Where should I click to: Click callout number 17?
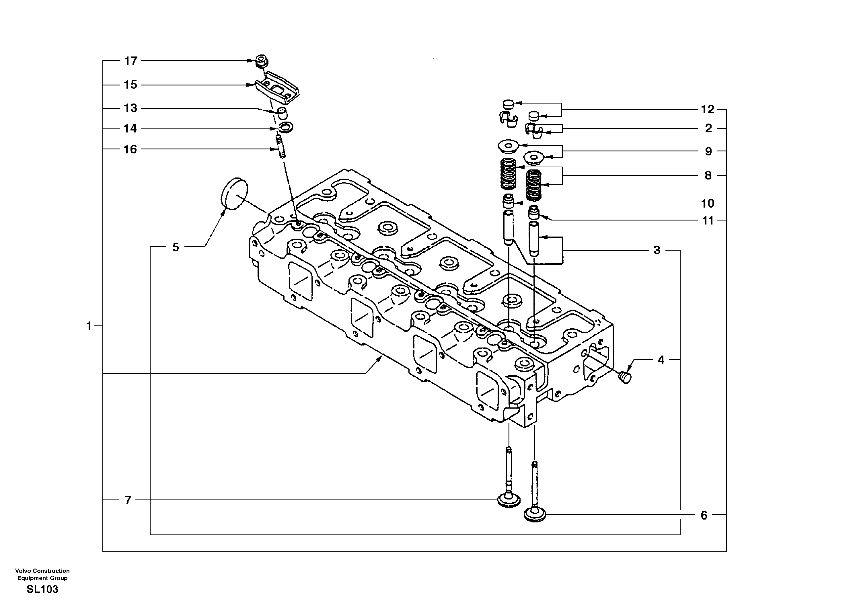[131, 61]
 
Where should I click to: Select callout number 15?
[131, 85]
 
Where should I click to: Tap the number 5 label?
[176, 247]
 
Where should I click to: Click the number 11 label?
[708, 220]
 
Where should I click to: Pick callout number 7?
[128, 500]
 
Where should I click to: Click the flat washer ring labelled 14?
[286, 127]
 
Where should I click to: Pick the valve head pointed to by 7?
[509, 500]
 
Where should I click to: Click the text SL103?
[42, 589]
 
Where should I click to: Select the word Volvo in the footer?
[22, 571]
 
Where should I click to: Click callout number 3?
[657, 250]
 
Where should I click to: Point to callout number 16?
[130, 150]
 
